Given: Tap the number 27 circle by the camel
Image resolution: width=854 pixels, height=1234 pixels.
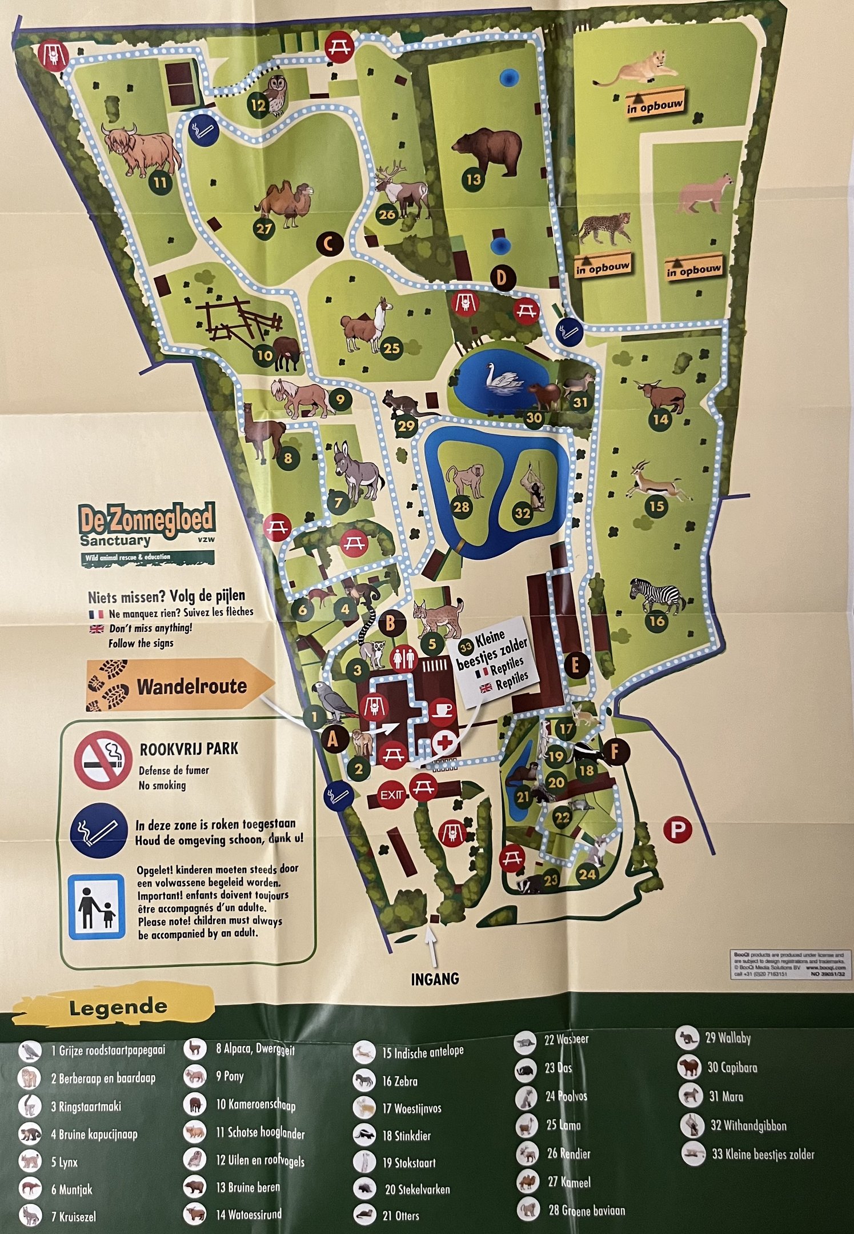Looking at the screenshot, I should [x=264, y=229].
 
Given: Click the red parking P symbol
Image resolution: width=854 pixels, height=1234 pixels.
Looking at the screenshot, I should [x=677, y=829].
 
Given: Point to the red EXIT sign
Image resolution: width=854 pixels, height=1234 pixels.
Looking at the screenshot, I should [x=392, y=795].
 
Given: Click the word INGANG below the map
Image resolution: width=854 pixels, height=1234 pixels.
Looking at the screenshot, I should [x=435, y=979].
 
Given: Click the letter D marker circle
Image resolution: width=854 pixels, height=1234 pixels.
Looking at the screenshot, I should [x=502, y=278].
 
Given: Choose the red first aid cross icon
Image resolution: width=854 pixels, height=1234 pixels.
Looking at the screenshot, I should [x=444, y=743].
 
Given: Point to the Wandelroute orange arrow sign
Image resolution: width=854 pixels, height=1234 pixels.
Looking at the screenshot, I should [x=180, y=686].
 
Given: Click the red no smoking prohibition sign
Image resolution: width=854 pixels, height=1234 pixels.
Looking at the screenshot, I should [x=103, y=760].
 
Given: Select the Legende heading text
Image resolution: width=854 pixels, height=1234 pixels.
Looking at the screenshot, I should [x=118, y=1007].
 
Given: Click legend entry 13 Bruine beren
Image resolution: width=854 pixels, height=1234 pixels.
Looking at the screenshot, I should [x=247, y=1187].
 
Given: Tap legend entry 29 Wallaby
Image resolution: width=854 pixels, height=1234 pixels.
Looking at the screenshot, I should [x=727, y=1038].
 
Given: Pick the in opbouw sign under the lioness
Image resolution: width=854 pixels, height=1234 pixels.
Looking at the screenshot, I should [x=655, y=105].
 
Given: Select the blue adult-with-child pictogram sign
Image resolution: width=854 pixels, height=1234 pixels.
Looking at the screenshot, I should [x=96, y=907].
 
